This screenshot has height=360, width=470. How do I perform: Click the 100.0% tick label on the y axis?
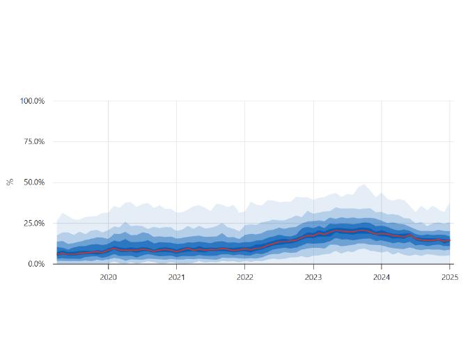32,101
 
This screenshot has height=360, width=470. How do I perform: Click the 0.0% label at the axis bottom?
36,264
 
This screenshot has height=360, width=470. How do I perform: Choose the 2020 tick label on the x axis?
108,276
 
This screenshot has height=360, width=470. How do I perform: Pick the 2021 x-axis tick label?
176,276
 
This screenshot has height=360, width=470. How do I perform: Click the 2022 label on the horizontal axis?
244,276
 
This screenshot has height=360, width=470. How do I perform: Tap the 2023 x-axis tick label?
313,276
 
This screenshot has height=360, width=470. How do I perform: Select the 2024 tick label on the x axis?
382,276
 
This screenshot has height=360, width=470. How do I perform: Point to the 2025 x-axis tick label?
450,276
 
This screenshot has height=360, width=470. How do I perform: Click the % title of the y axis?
10,182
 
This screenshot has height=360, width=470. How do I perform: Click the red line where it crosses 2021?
176,250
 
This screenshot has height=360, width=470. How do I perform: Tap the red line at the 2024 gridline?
382,233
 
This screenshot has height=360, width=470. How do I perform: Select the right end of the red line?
450,240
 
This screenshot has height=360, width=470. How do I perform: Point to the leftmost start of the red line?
57,254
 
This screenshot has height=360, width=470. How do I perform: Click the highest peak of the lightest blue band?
363,185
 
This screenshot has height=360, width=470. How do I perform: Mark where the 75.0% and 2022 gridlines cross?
244,141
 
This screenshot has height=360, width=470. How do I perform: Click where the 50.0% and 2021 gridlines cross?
176,182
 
